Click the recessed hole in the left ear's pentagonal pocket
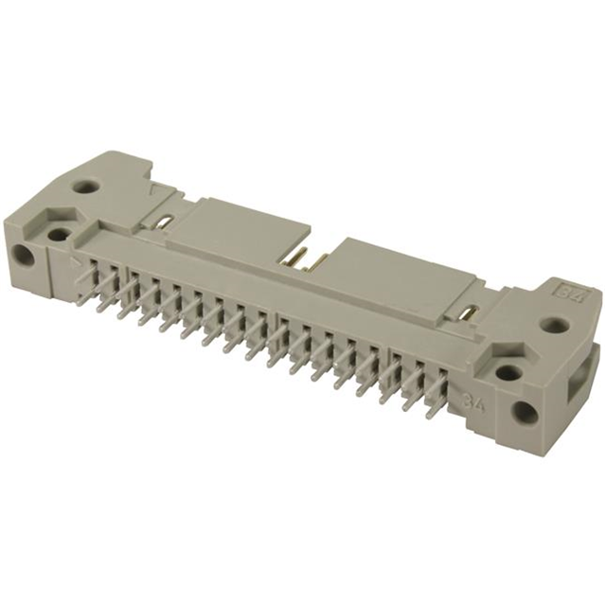coord(59,233)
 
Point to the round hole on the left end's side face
coord(22,255)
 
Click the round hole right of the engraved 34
coord(524,413)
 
